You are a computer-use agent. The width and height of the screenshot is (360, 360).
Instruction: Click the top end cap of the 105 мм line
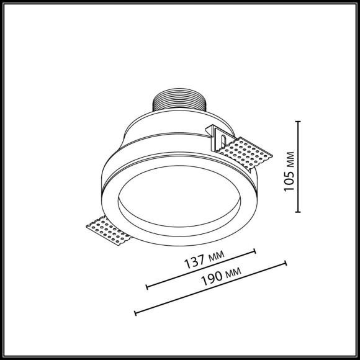point(299,122)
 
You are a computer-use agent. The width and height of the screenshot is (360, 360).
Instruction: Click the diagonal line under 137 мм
point(200,269)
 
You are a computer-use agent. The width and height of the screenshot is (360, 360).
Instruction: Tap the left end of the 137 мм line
point(146,287)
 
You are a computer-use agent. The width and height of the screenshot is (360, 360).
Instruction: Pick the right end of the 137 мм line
point(255,251)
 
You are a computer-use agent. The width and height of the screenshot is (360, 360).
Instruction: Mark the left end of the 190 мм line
point(135,312)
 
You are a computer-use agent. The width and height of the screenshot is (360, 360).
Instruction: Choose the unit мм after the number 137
point(217,258)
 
